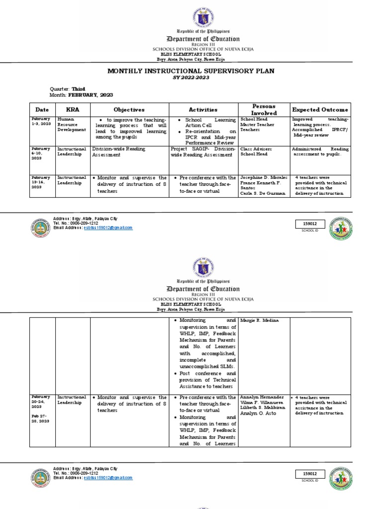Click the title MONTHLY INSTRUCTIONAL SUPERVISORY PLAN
pos(191,71)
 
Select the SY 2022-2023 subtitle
pos(191,78)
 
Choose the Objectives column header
pos(129,109)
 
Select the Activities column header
pos(203,109)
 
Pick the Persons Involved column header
pos(264,109)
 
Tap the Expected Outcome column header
pos(320,109)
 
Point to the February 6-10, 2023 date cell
pos(41,154)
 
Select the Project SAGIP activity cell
pos(202,152)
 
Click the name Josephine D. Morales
pos(264,177)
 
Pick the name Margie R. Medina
pos(260,321)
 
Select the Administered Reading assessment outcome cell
pos(320,152)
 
